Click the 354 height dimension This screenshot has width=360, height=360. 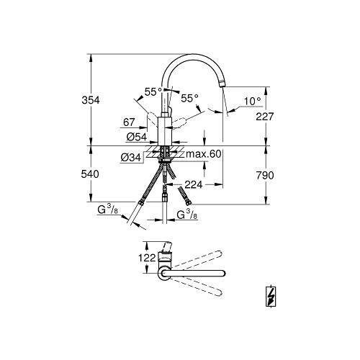point(91,100)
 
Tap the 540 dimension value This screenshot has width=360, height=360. point(90,174)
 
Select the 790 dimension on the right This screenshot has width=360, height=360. point(265,176)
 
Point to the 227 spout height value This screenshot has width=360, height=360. point(265,117)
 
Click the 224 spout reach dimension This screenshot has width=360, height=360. point(194,184)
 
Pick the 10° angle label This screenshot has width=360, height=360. point(253,102)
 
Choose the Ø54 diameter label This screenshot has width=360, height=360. point(137,137)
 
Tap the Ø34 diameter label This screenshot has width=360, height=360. point(131,158)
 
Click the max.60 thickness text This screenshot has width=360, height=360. point(204,154)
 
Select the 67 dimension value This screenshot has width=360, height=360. point(129,122)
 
